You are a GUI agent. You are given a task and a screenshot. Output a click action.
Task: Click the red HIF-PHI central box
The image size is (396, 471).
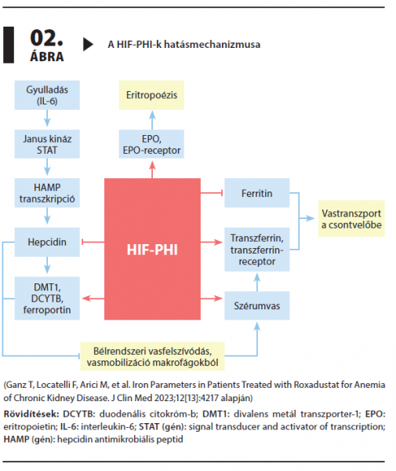coord(152,249)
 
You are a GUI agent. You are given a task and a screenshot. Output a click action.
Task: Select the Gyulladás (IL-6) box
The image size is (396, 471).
coord(47,95)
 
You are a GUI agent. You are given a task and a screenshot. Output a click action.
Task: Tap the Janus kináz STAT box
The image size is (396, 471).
coord(47,144)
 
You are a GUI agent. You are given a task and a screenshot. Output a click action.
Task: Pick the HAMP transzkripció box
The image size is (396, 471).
coord(47,193)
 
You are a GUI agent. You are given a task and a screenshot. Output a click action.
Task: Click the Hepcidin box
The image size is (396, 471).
coord(47,242)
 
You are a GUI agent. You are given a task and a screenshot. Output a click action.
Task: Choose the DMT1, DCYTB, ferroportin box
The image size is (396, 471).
coord(47,298)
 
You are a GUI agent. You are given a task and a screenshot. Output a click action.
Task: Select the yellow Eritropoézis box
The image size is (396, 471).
coord(151,95)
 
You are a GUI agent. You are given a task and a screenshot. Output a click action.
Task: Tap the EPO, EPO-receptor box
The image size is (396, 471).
coord(151,144)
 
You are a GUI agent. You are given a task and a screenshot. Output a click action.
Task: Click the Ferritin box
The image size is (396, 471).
coord(257,193)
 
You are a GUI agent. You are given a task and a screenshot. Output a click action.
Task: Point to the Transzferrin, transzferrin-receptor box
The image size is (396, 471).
coord(257,250)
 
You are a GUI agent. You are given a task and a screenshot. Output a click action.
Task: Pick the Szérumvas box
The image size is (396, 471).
coord(257,305)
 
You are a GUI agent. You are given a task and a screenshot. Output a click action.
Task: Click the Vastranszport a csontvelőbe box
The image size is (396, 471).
coord(351,219)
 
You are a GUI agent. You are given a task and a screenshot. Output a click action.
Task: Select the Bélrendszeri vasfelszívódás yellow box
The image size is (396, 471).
coord(152,356)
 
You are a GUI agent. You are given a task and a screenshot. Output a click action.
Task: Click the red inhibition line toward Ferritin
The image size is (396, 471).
coord(212,193)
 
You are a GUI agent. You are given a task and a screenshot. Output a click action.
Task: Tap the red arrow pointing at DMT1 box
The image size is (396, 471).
coord(93,298)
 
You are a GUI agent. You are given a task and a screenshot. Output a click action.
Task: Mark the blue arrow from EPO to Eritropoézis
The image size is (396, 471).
coord(152,120)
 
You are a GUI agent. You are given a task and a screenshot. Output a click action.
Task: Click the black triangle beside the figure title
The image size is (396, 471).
coord(88,45)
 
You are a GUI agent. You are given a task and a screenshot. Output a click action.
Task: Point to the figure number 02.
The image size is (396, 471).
coord(47,38)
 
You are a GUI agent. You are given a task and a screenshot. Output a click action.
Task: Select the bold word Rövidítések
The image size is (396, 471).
coord(31,414)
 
